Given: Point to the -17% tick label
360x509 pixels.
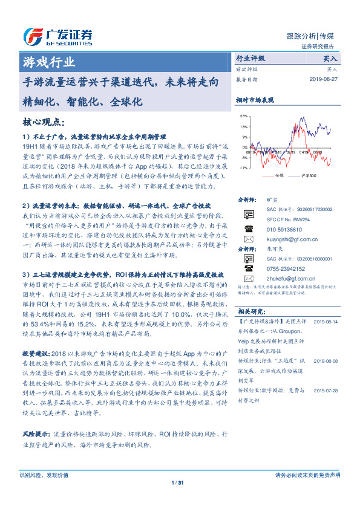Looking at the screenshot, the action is [243, 167].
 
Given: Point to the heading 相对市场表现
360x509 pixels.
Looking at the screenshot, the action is [255, 100].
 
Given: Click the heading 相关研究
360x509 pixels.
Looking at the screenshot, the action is [250, 311].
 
